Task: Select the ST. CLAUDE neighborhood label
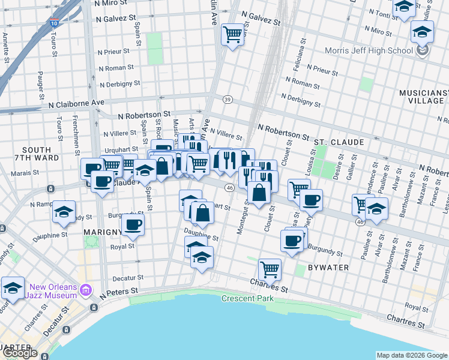pyautogui.click(x=339, y=142)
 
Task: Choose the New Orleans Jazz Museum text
pyautogui.click(x=51, y=290)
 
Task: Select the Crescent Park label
pyautogui.click(x=247, y=298)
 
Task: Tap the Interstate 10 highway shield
pyautogui.click(x=54, y=23)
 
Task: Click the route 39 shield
pyautogui.click(x=227, y=99)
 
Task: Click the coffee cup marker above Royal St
pyautogui.click(x=133, y=224)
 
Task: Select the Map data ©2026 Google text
pyautogui.click(x=411, y=355)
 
